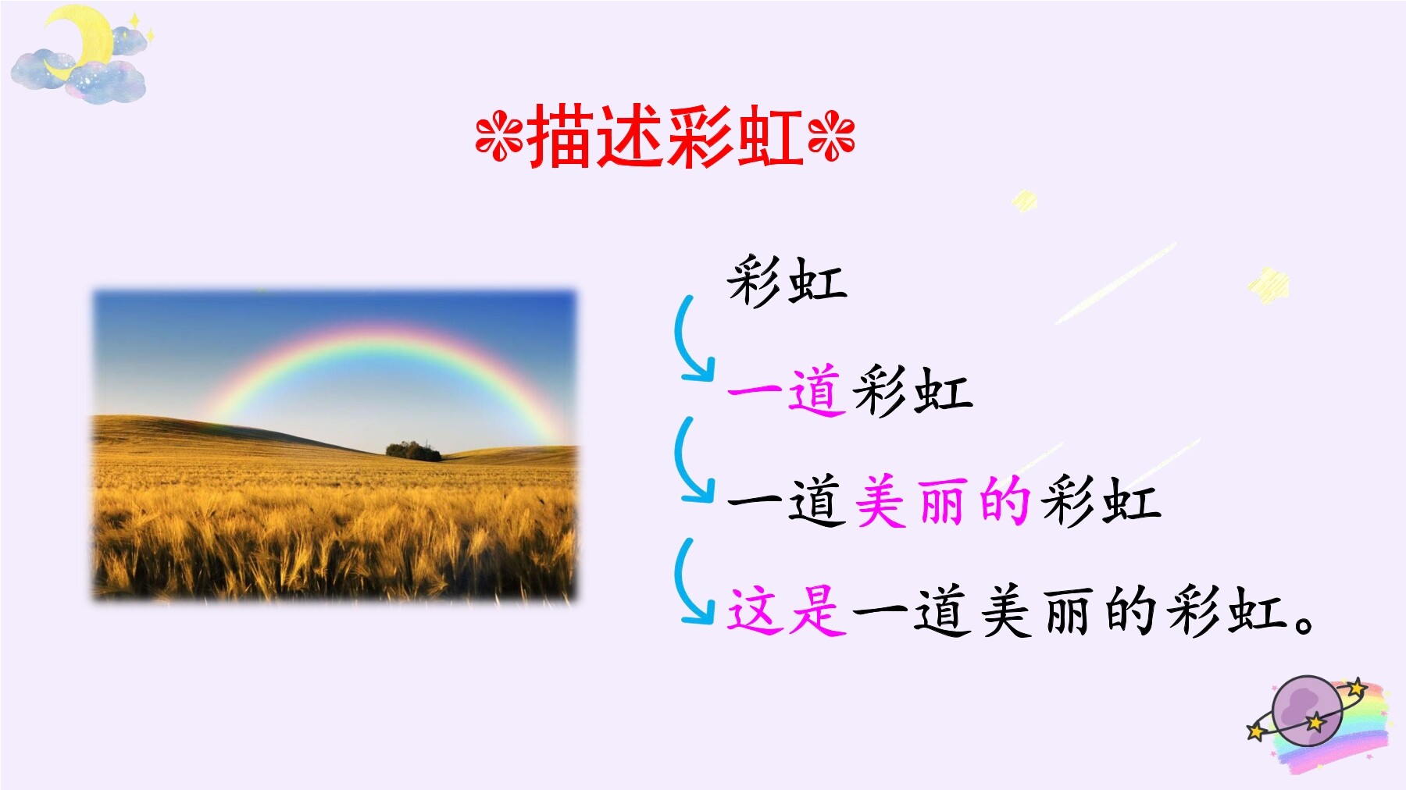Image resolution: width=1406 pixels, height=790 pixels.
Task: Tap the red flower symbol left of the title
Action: tap(500, 138)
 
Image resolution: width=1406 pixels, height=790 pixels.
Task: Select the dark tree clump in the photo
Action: tap(413, 450)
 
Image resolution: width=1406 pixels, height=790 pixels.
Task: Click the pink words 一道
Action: tap(787, 390)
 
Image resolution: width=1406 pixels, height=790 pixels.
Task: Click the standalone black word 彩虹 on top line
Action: tap(787, 280)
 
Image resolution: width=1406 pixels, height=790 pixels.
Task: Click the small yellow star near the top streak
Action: tap(1024, 201)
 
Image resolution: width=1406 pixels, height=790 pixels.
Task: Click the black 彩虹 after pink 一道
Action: tap(912, 390)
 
